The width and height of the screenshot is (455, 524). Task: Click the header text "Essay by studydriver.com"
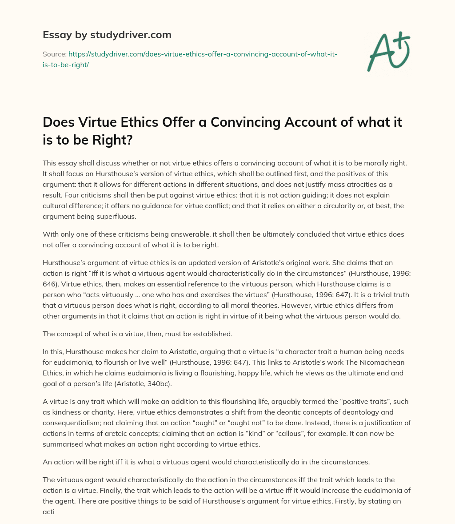tap(107, 35)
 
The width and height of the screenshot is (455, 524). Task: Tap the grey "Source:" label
tap(54, 54)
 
